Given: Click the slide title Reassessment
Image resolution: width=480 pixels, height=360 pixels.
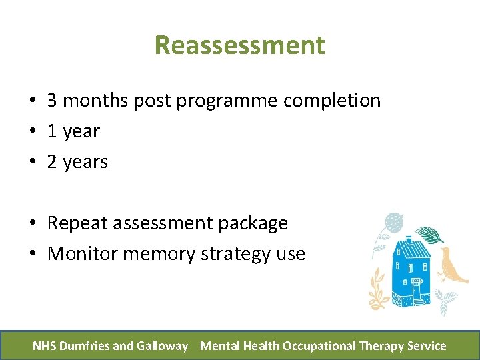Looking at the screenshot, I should coord(239,45).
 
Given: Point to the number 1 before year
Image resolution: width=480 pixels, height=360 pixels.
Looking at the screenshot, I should coord(52,131).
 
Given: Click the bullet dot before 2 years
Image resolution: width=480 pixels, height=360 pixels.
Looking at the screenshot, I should coord(32,163).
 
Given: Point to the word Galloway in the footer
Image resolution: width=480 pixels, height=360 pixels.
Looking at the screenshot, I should coord(162,345).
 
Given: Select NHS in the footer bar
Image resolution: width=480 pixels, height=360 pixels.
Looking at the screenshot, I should coord(45,345).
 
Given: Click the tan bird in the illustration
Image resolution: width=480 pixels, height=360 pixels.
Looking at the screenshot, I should coord(452,265).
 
